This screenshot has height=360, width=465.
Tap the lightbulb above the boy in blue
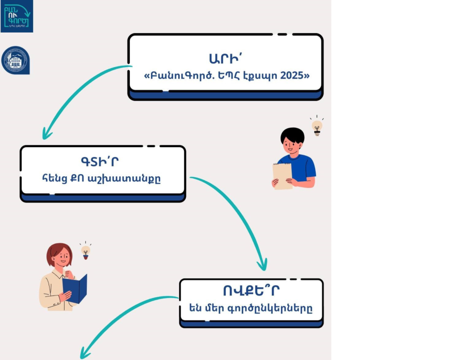point(317,126)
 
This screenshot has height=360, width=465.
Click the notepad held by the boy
point(282,175)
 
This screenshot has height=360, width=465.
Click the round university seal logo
point(16,60)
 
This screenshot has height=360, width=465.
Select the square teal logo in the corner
point(17,16)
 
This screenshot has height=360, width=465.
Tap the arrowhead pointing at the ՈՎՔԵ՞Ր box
point(263,265)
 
